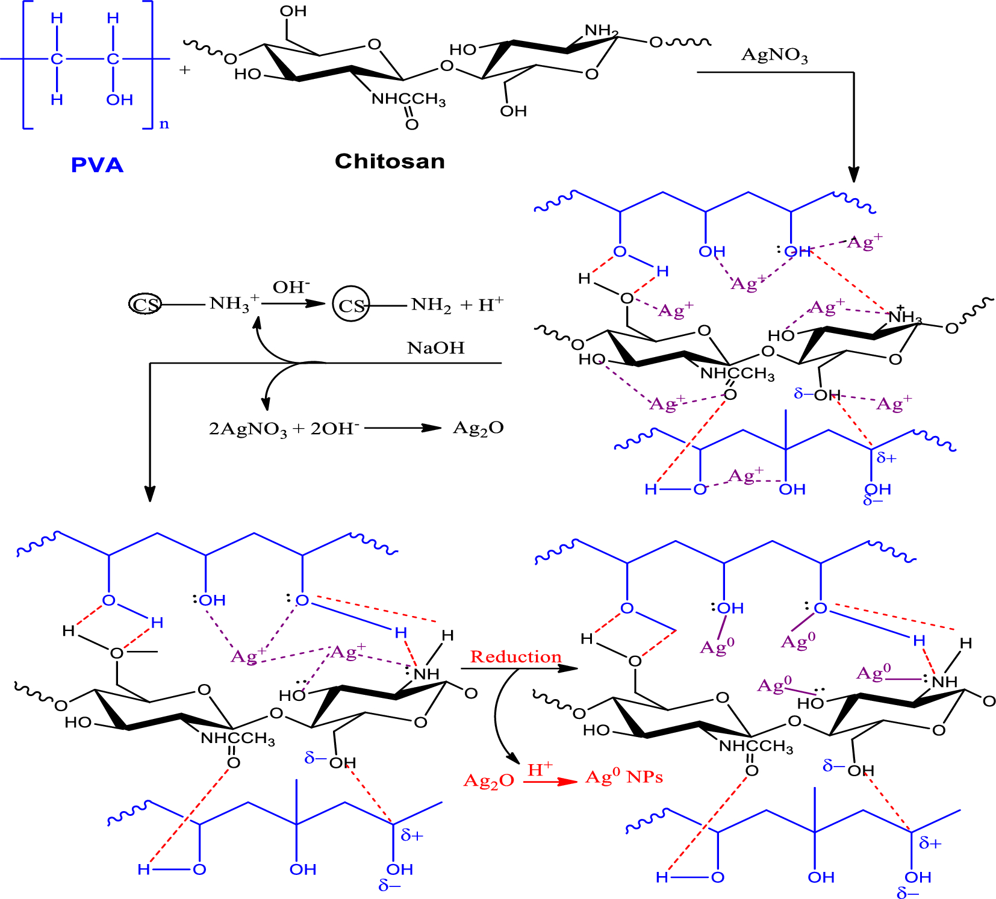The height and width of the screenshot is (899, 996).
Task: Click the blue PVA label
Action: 97,165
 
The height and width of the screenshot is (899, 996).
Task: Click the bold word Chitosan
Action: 390,161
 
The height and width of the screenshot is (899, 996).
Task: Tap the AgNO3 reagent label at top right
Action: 774,55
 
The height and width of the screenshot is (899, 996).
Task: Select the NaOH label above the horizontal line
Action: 435,348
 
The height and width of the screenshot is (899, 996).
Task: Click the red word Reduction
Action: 515,656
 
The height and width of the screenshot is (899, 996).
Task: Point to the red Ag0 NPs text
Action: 624,777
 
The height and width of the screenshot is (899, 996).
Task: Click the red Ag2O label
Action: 488,781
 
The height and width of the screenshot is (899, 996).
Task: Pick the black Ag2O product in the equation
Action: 478,428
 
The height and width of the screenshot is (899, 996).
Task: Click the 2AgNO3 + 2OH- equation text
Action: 284,429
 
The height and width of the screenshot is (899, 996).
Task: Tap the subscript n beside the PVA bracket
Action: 164,125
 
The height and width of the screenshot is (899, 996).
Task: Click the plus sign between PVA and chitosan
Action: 184,70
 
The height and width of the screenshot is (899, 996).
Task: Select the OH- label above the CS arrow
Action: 291,287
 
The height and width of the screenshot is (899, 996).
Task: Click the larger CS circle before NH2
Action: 351,305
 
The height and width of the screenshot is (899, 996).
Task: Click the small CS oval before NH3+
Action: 145,304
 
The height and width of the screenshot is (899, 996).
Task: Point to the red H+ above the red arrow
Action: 540,770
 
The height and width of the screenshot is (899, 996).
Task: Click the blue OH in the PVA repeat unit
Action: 119,100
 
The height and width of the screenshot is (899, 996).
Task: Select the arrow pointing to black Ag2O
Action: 403,428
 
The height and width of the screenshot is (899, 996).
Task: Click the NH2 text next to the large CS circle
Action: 431,305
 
